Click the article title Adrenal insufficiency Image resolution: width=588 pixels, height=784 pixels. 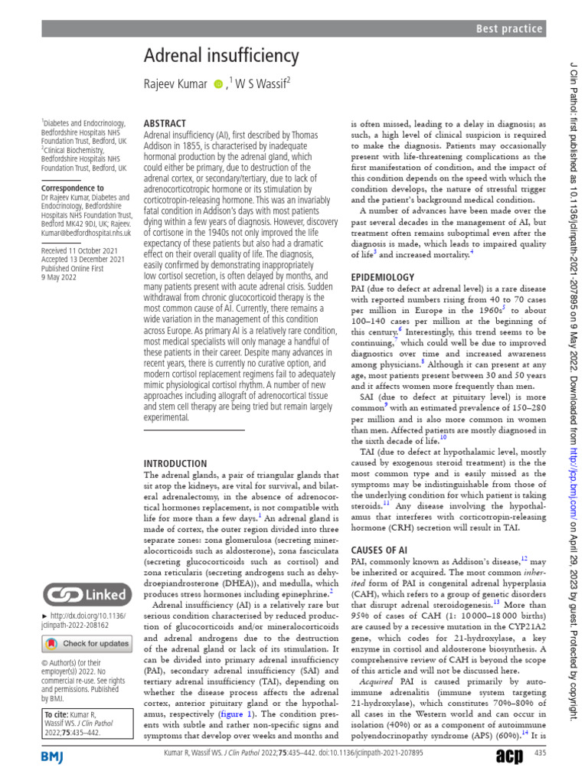221,56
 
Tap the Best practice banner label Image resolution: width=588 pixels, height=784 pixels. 509,29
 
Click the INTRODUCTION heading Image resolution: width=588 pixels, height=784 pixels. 175,463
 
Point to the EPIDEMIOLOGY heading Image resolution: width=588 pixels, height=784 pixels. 383,276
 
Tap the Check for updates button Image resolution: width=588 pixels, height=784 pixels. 86,643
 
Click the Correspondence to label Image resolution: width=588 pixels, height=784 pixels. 73,188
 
